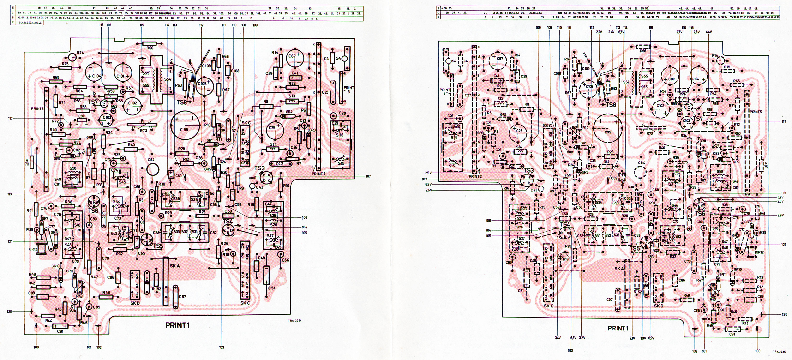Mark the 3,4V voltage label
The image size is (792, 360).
pos(557,338)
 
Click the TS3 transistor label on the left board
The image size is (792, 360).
pos(259,168)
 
